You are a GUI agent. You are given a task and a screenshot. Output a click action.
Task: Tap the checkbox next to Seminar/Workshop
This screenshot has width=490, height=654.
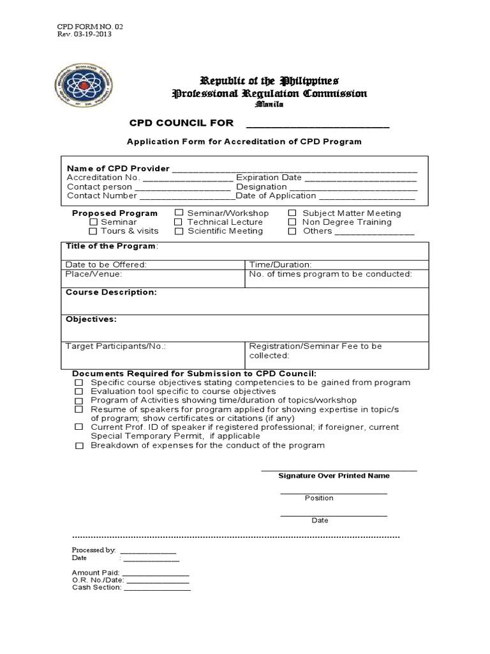pyautogui.click(x=179, y=213)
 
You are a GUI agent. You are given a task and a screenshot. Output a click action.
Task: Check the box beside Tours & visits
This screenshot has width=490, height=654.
pyautogui.click(x=93, y=231)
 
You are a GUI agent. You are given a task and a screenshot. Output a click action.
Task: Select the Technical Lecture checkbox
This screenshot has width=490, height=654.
pyautogui.click(x=179, y=222)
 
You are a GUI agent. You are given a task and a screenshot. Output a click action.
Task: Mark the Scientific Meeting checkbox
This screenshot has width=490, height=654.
pyautogui.click(x=179, y=231)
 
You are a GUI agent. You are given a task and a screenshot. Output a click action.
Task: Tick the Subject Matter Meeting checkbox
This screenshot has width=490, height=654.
pyautogui.click(x=292, y=213)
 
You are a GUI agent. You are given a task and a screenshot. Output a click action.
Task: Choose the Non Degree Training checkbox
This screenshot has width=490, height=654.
pyautogui.click(x=292, y=222)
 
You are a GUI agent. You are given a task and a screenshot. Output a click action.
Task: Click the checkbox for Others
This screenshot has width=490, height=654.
pyautogui.click(x=292, y=231)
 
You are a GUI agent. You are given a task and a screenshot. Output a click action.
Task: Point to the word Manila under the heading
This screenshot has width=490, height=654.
pyautogui.click(x=269, y=104)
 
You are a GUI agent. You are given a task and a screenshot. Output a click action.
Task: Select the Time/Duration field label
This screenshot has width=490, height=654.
pyautogui.click(x=280, y=264)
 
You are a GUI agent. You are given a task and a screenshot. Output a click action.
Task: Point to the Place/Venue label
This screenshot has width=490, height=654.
pyautogui.click(x=94, y=274)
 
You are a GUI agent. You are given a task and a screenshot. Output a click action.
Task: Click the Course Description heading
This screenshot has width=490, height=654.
pyautogui.click(x=111, y=292)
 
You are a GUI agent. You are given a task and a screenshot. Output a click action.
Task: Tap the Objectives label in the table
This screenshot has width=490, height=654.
pyautogui.click(x=91, y=319)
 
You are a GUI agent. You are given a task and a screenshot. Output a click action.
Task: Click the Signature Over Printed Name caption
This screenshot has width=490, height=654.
pyautogui.click(x=334, y=476)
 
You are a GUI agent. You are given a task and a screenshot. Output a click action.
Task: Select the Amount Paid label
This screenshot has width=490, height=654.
pyautogui.click(x=96, y=572)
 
